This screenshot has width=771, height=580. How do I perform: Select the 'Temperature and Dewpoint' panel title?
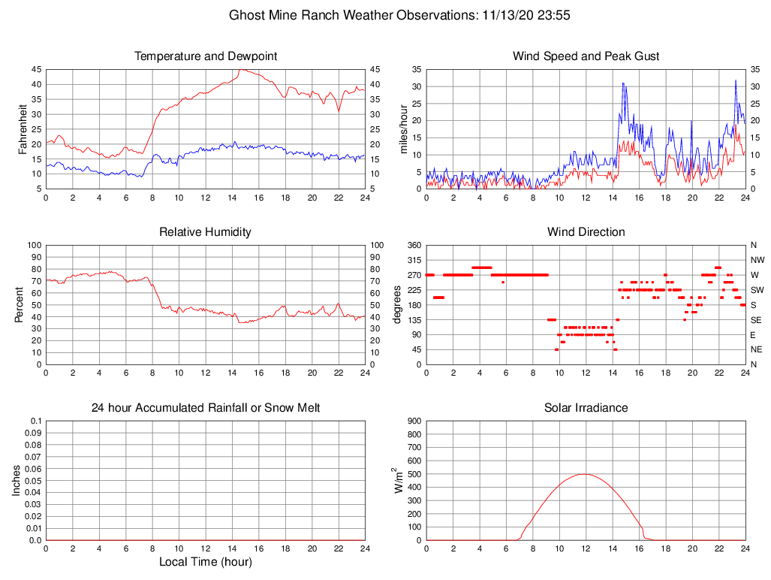pos(206,56)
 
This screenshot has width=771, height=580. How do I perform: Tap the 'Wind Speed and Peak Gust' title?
pos(586,56)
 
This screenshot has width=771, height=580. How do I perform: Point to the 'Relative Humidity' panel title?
pos(206,232)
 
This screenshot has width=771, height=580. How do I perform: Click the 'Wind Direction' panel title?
pos(586,232)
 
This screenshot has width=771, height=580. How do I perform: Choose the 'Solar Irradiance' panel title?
pos(586,408)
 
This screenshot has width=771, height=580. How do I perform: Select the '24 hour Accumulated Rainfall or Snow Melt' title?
pos(206,408)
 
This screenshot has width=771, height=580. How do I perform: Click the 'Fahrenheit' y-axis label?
pos(23,128)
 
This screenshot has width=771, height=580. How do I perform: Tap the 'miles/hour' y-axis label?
pos(403,128)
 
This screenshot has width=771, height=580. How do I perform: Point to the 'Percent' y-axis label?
pos(19,304)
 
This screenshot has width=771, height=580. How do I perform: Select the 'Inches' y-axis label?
pos(17,481)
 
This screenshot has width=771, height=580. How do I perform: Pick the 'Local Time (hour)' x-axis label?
pos(206,562)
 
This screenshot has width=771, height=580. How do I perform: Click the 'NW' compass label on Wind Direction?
pos(757,260)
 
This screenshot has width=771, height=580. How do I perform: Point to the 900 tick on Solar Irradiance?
pos(414,421)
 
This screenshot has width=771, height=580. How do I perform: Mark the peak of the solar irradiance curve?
pos(586,474)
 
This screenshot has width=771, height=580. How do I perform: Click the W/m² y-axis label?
pos(398,480)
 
